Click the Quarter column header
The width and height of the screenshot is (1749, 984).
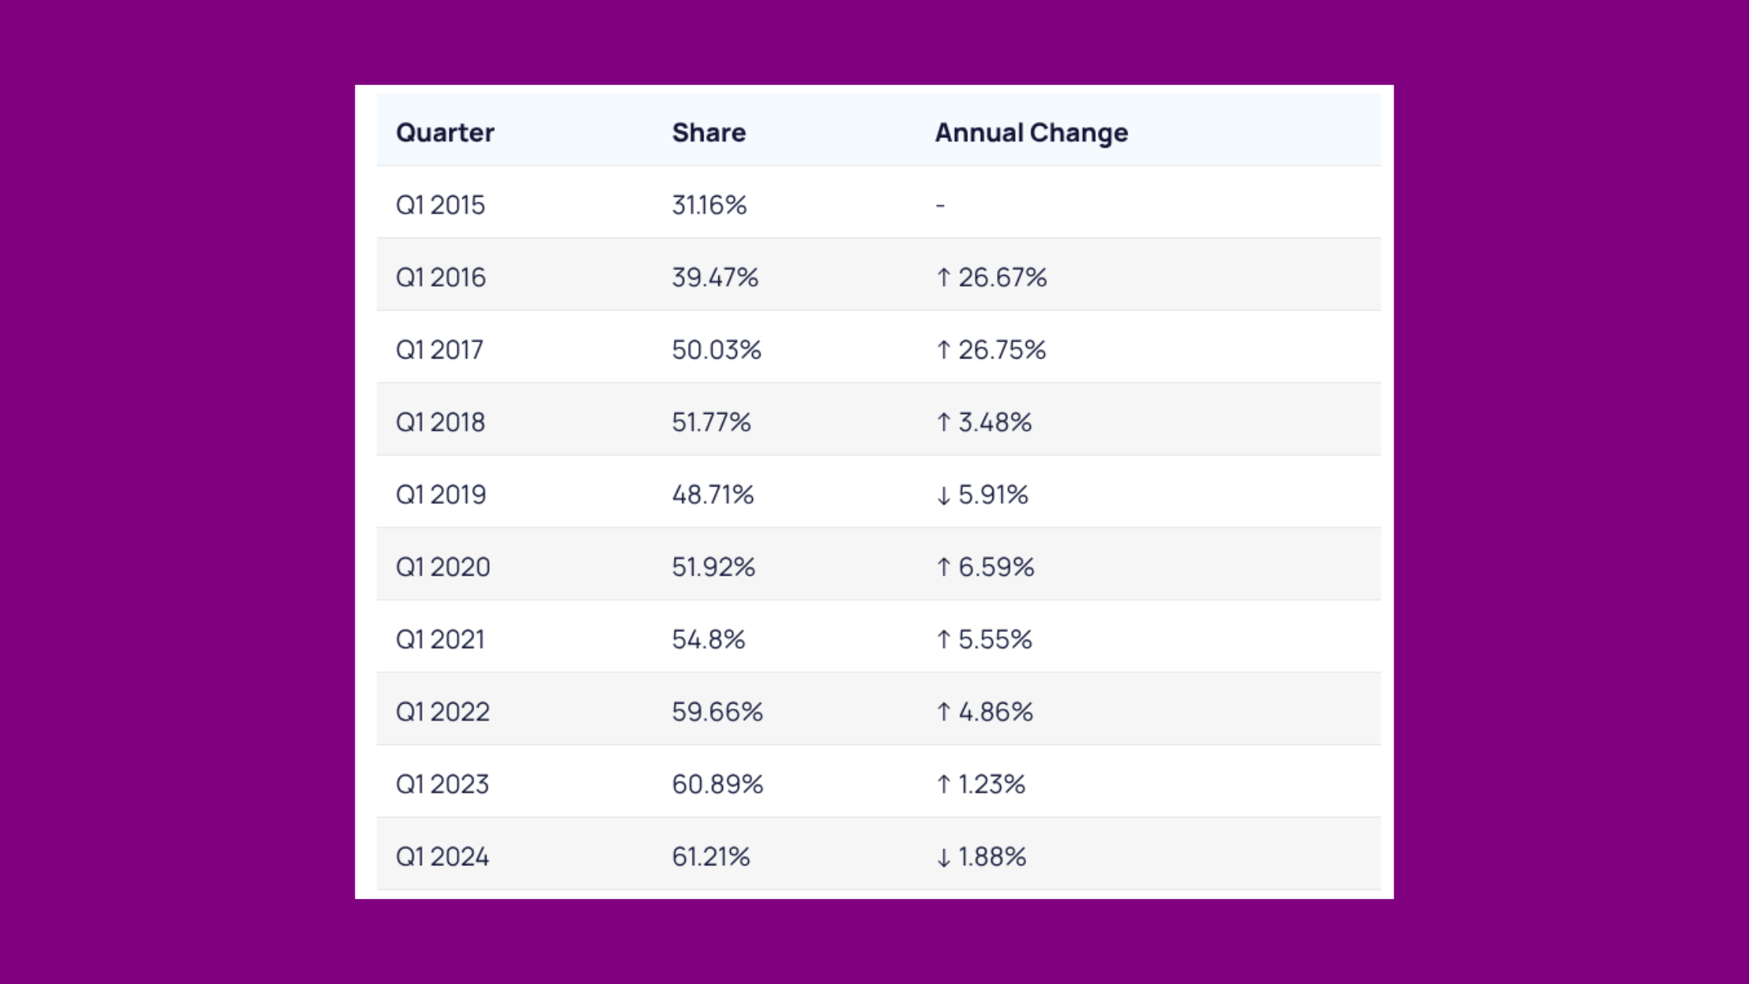coord(445,133)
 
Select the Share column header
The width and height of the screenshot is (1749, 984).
coord(708,133)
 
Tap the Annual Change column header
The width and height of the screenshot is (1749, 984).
coord(1031,133)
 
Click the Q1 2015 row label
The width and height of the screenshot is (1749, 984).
coord(440,205)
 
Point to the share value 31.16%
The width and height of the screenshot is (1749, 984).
coord(709,205)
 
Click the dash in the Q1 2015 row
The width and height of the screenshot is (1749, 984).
coord(940,205)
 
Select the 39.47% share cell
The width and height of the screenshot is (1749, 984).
coord(714,277)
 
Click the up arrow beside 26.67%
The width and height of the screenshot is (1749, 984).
coord(943,277)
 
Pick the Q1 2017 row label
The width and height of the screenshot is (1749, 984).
coord(440,350)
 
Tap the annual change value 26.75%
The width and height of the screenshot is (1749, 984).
coord(1002,350)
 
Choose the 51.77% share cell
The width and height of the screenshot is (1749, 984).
coord(711,422)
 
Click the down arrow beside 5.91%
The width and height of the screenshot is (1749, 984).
coord(943,495)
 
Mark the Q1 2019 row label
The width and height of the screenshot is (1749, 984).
coord(441,494)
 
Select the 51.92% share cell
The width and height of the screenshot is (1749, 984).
coord(713,567)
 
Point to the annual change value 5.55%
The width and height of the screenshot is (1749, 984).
coord(995,640)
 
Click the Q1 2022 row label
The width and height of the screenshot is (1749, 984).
coord(443,711)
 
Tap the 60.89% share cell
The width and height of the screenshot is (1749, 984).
coord(717,784)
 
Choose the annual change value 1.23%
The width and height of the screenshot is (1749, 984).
coord(992,784)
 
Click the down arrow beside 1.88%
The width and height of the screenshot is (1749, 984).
coord(943,857)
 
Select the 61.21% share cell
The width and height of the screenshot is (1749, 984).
coord(711,857)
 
